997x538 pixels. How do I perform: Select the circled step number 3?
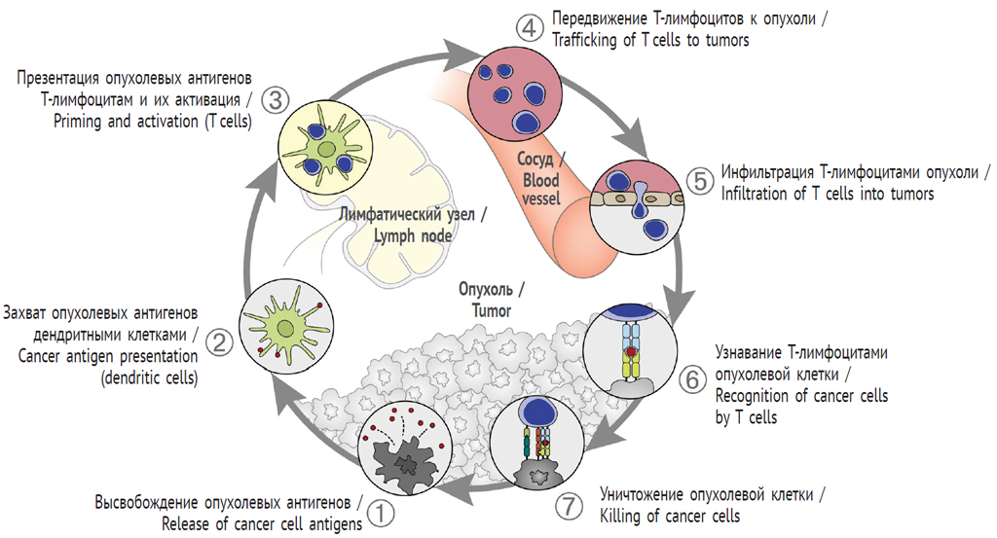[277, 98]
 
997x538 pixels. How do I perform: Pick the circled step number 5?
[698, 180]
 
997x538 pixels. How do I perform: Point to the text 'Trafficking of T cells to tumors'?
[650, 40]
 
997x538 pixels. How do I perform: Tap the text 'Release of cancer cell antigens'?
[262, 523]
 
